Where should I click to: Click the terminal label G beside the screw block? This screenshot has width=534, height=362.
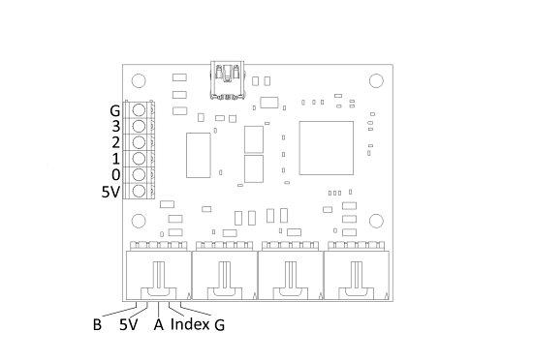[x=115, y=111]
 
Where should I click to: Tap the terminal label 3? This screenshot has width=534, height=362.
[x=115, y=126]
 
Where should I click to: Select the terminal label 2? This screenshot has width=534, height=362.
[x=115, y=142]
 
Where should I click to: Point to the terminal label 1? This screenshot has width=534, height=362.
[x=116, y=159]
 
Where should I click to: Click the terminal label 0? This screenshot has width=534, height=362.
[x=115, y=175]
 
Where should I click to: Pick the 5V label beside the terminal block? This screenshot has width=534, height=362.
[x=111, y=192]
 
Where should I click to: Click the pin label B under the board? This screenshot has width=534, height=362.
[x=97, y=324]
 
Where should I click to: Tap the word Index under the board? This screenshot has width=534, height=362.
[x=190, y=324]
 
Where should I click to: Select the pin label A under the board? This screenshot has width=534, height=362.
[x=158, y=324]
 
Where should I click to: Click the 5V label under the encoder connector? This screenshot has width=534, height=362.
[x=128, y=324]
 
